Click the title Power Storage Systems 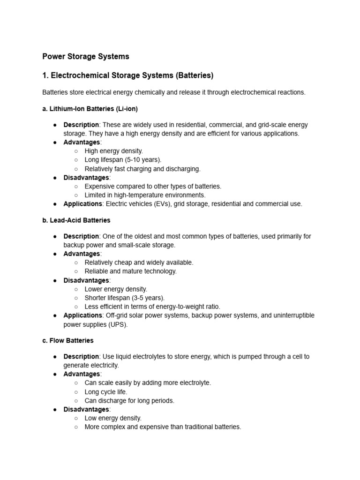point(85,57)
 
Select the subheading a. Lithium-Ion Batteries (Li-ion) point(90,109)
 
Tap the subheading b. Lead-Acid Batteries point(76,220)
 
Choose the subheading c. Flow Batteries point(68,340)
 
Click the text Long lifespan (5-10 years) point(123,160)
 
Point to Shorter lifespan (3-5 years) point(125,298)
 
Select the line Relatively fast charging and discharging point(142,169)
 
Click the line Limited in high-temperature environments point(145,195)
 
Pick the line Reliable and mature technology point(131,271)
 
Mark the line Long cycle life point(106,392)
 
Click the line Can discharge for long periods point(129,401)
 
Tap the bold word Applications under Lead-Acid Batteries point(82,315)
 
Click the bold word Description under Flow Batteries point(81,357)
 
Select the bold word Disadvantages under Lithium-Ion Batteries point(86,178)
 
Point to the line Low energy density point(113,418)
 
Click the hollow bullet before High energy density point(76,151)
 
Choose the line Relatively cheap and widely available point(139,262)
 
